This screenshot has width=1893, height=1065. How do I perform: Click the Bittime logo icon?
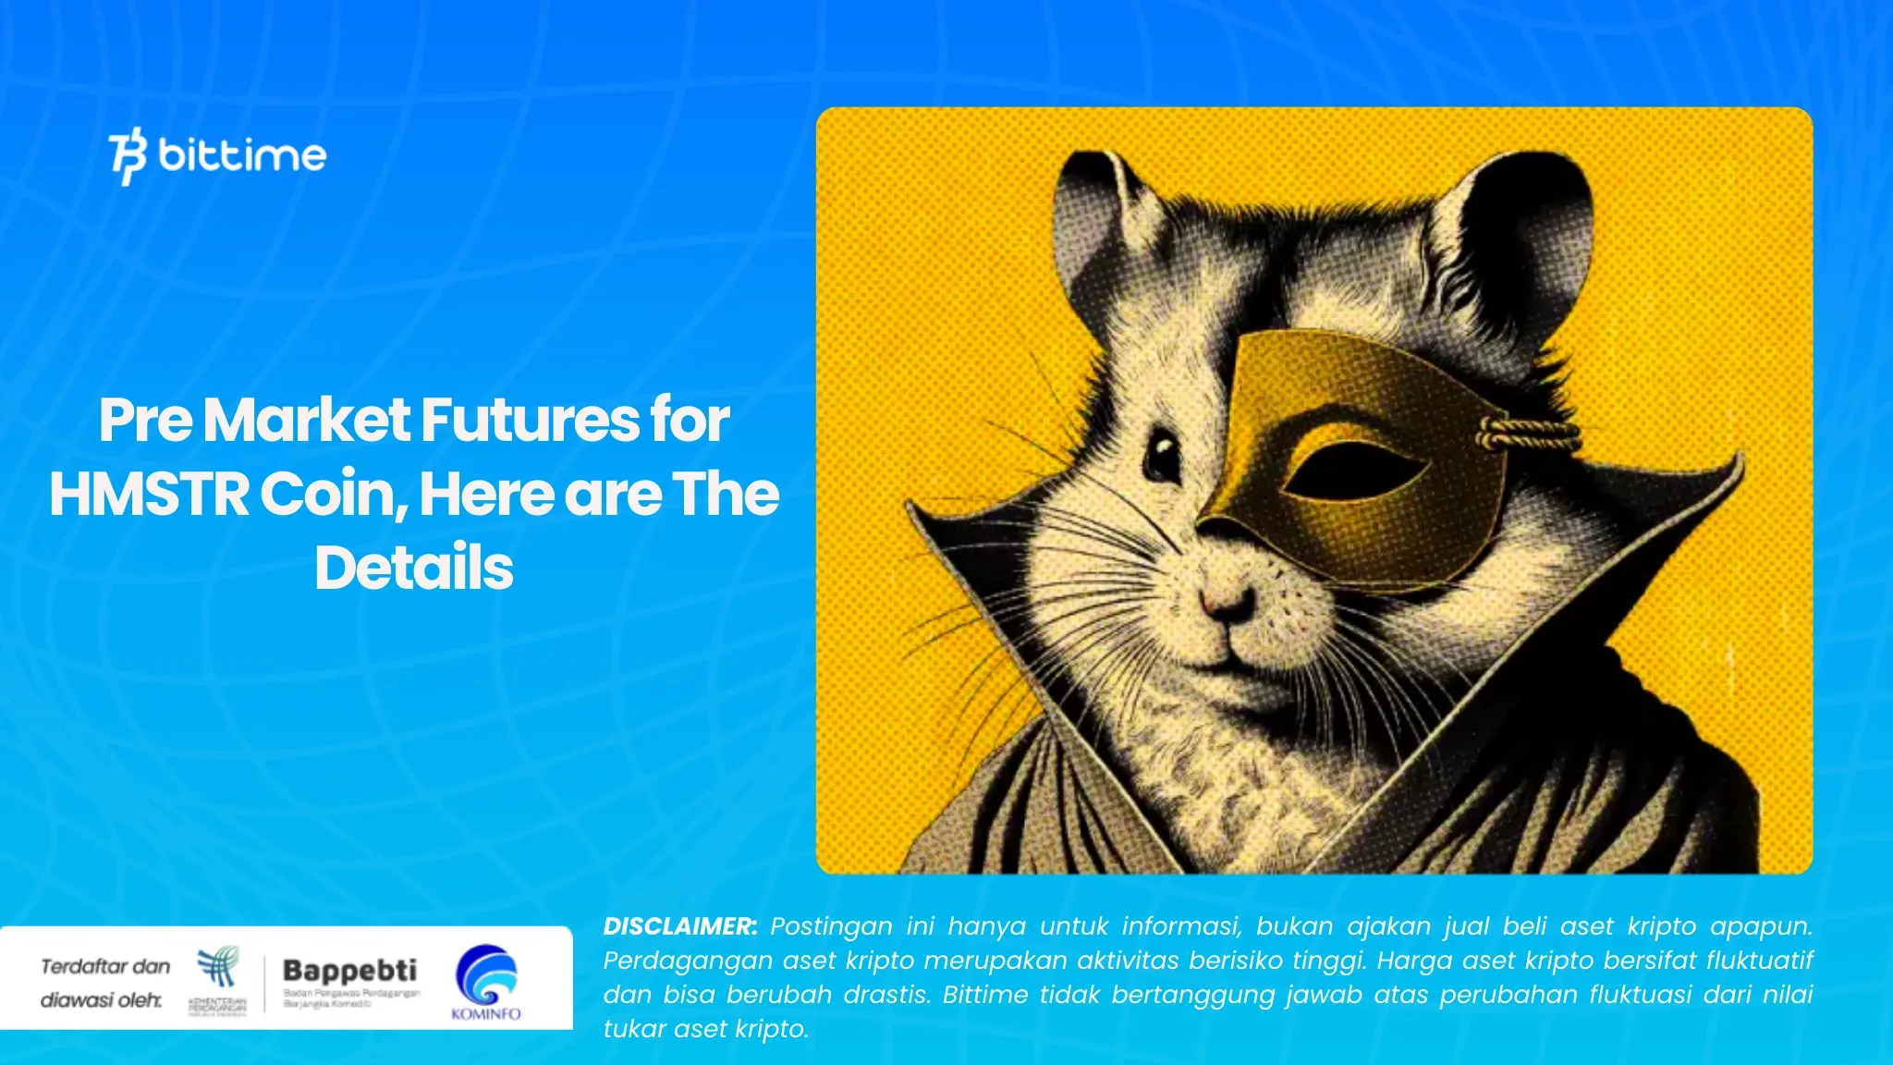[128, 157]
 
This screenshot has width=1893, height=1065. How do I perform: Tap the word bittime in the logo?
[242, 155]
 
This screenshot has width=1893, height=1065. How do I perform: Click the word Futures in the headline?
[531, 421]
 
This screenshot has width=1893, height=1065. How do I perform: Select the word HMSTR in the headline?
[149, 495]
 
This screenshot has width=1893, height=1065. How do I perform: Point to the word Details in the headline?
[413, 568]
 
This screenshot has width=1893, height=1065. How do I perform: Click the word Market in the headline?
[307, 421]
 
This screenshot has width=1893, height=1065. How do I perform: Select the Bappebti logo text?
[349, 970]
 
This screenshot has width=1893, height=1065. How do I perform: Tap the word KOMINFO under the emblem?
[486, 1014]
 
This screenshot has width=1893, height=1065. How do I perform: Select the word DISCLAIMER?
[679, 926]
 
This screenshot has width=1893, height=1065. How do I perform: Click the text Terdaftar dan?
[105, 967]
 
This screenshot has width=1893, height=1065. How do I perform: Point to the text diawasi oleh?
[101, 1000]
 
